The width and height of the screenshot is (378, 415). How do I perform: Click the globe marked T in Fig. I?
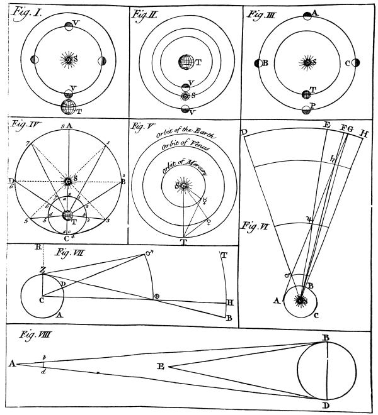point(68,106)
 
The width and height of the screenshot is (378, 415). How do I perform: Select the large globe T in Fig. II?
point(185,63)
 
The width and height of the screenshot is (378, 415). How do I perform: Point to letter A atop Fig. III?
point(315,12)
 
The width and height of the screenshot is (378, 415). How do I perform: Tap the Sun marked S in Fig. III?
point(306,62)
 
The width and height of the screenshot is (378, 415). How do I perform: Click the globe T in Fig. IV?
point(67,215)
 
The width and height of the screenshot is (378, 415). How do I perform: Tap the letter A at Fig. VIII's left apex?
point(11,363)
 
